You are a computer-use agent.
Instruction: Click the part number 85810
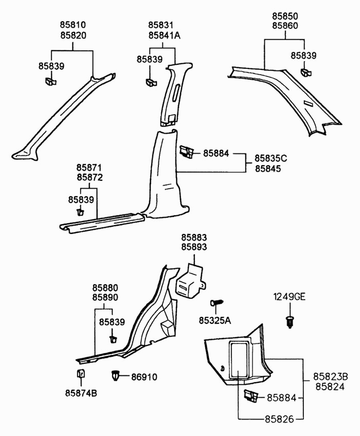pyautogui.click(x=73, y=25)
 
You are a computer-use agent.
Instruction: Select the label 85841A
pyautogui.click(x=165, y=35)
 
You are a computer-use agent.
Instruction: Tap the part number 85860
pyautogui.click(x=285, y=26)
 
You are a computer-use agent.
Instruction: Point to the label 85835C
pyautogui.click(x=271, y=158)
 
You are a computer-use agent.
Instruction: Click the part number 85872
pyautogui.click(x=89, y=177)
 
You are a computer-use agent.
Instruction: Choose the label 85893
pyautogui.click(x=194, y=247)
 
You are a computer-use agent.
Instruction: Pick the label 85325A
pyautogui.click(x=215, y=321)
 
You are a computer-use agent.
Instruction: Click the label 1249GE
pyautogui.click(x=290, y=297)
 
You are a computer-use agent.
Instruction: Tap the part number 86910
pyautogui.click(x=144, y=377)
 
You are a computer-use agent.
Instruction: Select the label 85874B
pyautogui.click(x=81, y=393)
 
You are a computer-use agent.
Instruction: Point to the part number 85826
pyautogui.click(x=279, y=419)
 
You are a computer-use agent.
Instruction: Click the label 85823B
pyautogui.click(x=331, y=376)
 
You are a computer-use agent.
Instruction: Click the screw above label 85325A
pyautogui.click(x=217, y=302)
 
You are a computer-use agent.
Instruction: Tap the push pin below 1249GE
pyautogui.click(x=290, y=322)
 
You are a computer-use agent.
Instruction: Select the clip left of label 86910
pyautogui.click(x=116, y=376)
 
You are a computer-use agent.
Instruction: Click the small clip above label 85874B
pyautogui.click(x=81, y=373)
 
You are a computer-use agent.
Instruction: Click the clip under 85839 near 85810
pyautogui.click(x=51, y=81)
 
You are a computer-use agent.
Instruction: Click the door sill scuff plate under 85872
pyautogui.click(x=102, y=223)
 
